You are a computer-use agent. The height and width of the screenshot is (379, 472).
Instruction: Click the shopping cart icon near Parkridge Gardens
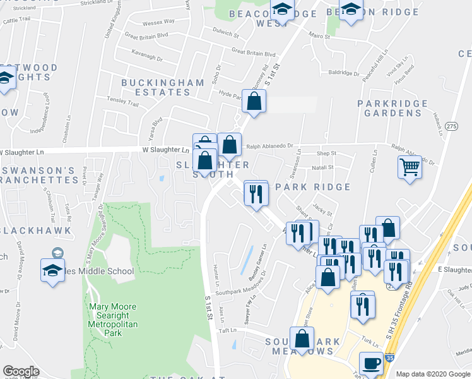[x=410, y=167]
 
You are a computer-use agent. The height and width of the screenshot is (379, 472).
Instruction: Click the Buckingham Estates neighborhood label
[x=155, y=87]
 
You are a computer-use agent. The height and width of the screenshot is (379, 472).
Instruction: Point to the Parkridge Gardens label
[x=389, y=108]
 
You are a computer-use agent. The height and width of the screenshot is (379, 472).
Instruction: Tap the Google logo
[x=21, y=371]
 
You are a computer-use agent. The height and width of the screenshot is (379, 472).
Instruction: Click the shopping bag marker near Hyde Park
[x=254, y=101]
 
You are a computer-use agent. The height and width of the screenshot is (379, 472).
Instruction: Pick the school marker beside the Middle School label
[x=53, y=270]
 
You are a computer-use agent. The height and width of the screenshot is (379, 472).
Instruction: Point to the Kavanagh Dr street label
[x=148, y=52]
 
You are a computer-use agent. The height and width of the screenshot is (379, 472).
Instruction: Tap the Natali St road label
[x=322, y=167]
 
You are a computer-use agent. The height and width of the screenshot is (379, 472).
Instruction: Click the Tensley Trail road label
[x=122, y=101]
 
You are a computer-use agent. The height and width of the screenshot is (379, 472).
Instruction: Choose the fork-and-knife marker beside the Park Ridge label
[x=256, y=193]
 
